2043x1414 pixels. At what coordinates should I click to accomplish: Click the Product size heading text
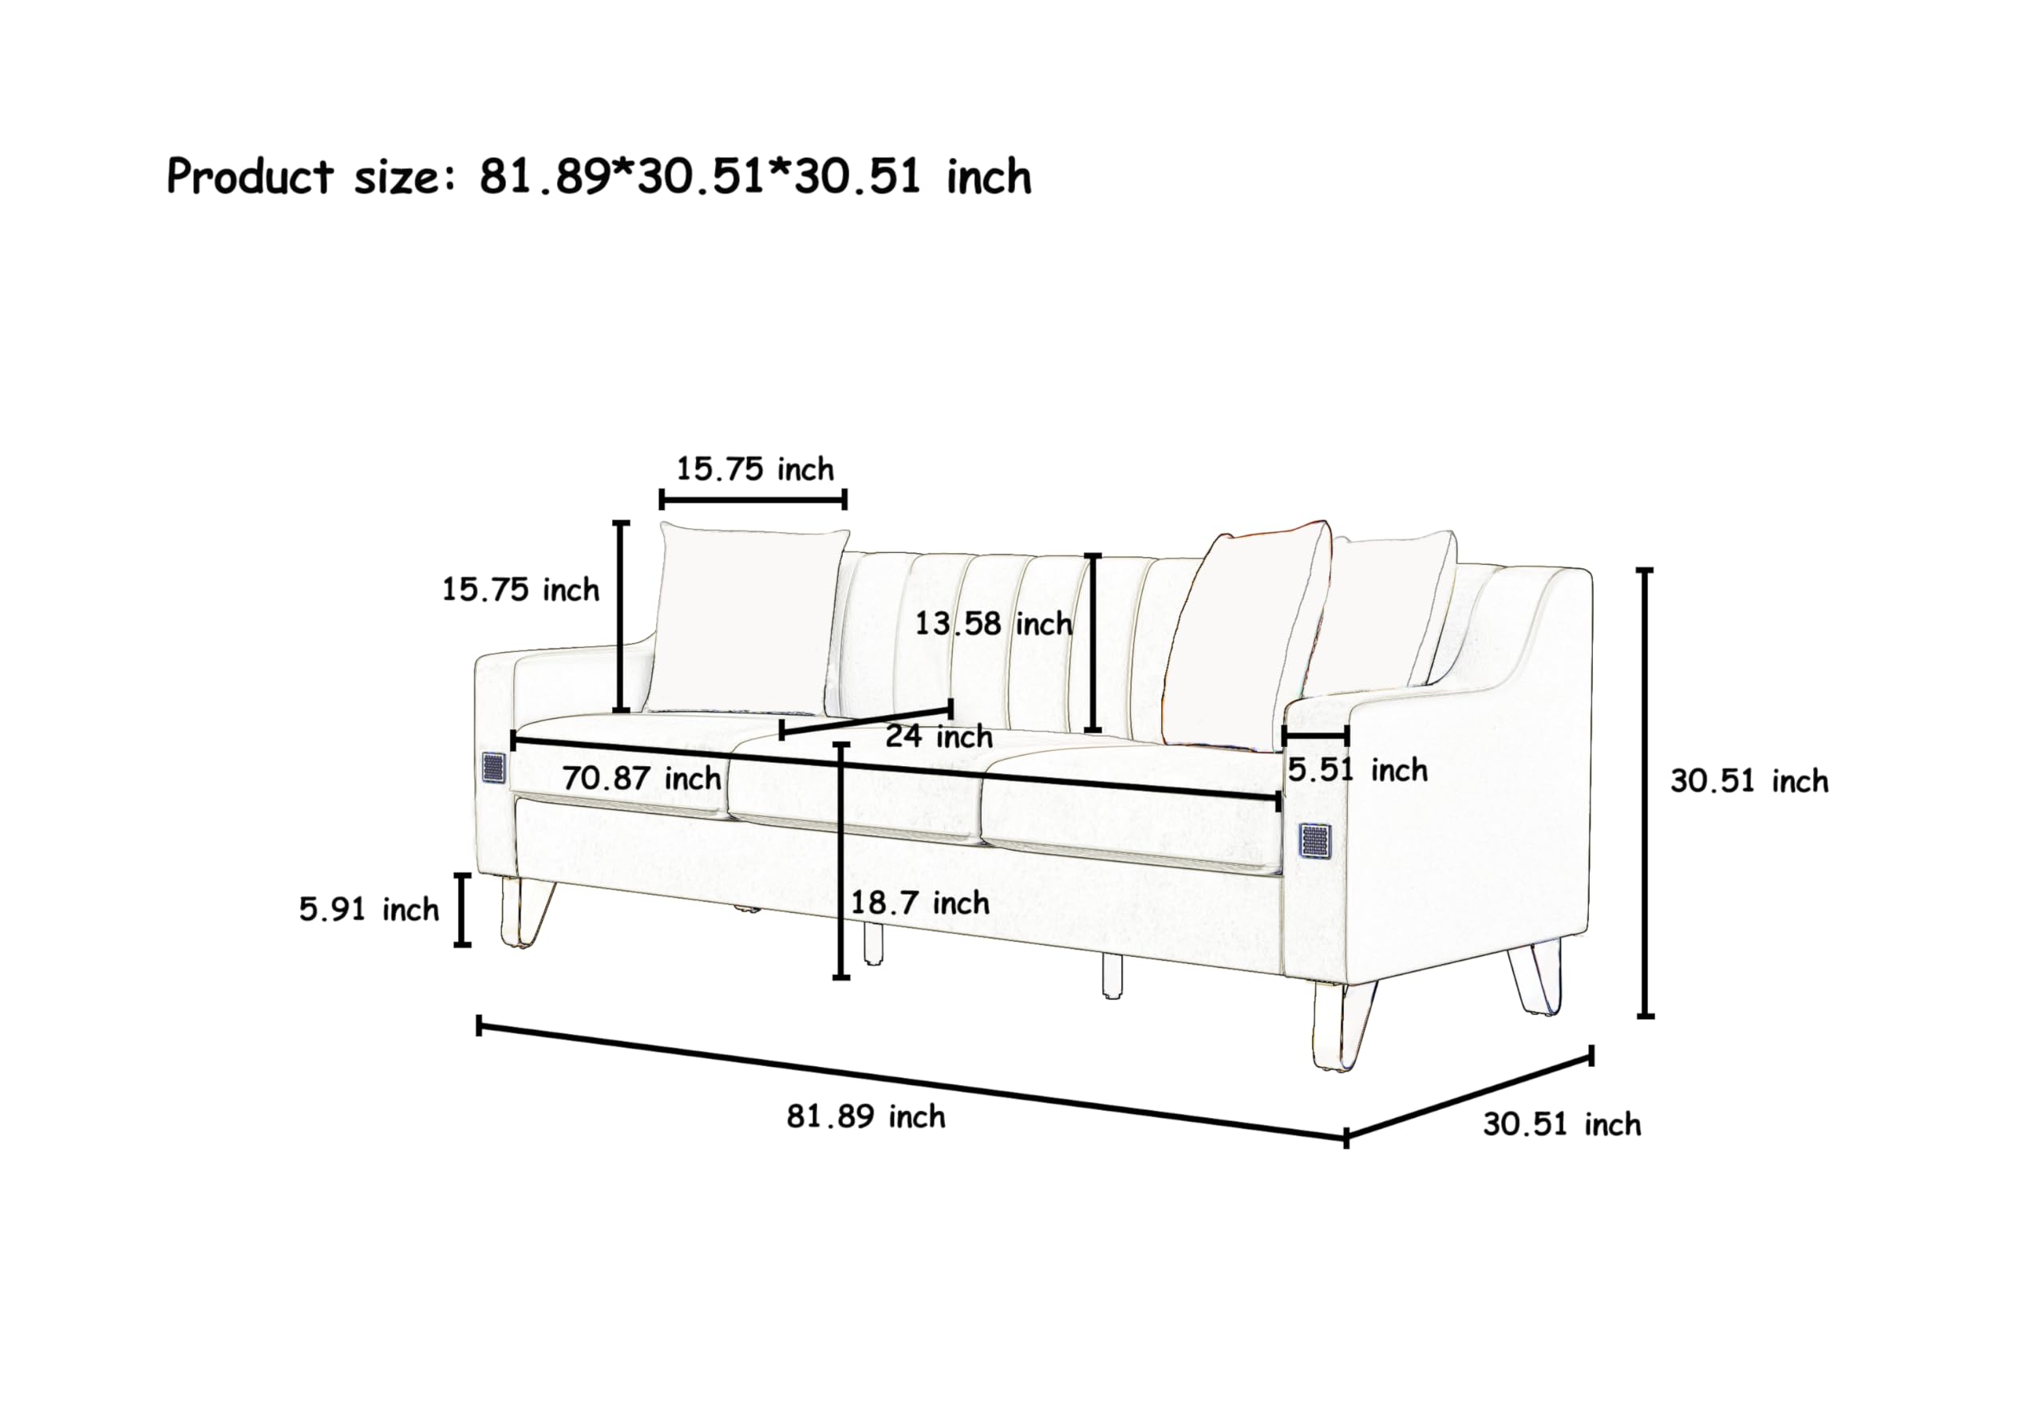(x=599, y=176)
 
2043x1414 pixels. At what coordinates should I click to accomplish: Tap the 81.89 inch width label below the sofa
(x=866, y=1117)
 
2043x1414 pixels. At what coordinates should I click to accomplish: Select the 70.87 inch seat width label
(x=642, y=779)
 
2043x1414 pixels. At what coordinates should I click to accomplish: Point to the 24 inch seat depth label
(x=939, y=737)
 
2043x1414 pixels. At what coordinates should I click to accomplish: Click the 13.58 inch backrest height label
(x=993, y=624)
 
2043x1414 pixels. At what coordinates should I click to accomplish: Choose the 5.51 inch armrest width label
(x=1357, y=770)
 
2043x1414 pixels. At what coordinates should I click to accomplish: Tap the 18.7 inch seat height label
(x=919, y=903)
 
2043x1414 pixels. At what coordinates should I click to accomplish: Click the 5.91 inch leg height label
(x=369, y=909)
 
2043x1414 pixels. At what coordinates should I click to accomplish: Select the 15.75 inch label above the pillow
(x=755, y=468)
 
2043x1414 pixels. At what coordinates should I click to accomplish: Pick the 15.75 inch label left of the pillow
(x=520, y=589)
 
